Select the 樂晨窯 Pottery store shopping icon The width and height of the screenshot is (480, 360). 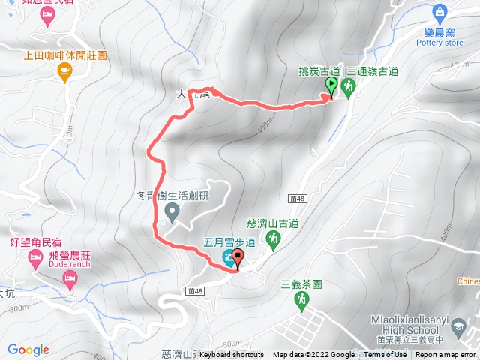pyautogui.click(x=439, y=11)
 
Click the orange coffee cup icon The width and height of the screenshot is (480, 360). pyautogui.click(x=64, y=72)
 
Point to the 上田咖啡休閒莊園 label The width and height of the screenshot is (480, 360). pyautogui.click(x=65, y=55)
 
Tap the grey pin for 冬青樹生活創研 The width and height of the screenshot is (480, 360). pyautogui.click(x=172, y=214)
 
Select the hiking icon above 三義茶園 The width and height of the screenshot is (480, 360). pyautogui.click(x=301, y=300)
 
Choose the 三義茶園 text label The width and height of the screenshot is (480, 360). pyautogui.click(x=301, y=285)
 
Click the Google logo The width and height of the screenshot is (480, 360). pyautogui.click(x=28, y=349)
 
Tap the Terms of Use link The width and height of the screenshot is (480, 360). pyautogui.click(x=385, y=355)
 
